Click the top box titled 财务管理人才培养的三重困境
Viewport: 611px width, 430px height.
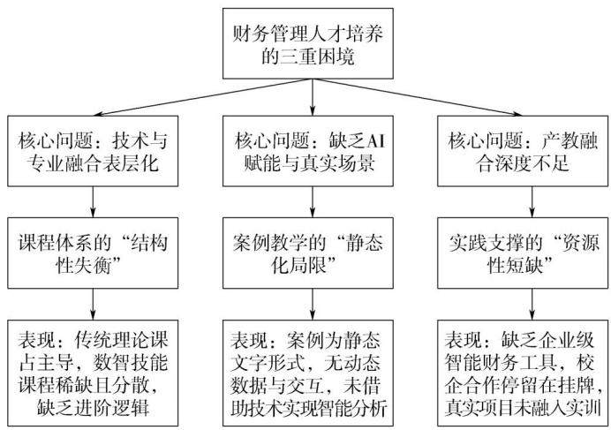pyautogui.click(x=308, y=43)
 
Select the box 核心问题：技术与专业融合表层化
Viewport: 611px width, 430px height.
pyautogui.click(x=93, y=151)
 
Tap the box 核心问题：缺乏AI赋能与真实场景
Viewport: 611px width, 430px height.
pyautogui.click(x=308, y=151)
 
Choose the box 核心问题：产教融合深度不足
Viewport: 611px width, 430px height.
pyautogui.click(x=523, y=151)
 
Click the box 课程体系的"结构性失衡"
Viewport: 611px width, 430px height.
pyautogui.click(x=93, y=253)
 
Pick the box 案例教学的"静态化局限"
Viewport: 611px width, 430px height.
pyautogui.click(x=308, y=253)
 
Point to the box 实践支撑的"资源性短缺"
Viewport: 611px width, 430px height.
pyautogui.click(x=523, y=253)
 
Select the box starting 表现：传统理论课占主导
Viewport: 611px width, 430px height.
pyautogui.click(x=93, y=373)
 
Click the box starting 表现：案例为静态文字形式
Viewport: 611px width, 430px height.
pyautogui.click(x=308, y=373)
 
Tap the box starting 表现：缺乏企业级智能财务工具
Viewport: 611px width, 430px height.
pyautogui.click(x=523, y=373)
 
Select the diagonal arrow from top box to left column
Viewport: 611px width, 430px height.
pyautogui.click(x=202, y=97)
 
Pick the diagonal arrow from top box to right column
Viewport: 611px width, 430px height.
pyautogui.click(x=417, y=97)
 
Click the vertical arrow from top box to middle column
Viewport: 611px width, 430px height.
pyautogui.click(x=313, y=97)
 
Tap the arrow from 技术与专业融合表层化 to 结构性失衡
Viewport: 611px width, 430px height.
pyautogui.click(x=93, y=202)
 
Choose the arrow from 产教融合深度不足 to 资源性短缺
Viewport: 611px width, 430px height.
pyautogui.click(x=532, y=202)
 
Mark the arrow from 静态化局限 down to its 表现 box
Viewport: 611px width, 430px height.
pyautogui.click(x=313, y=305)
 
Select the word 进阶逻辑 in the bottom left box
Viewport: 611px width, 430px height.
pyautogui.click(x=112, y=407)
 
